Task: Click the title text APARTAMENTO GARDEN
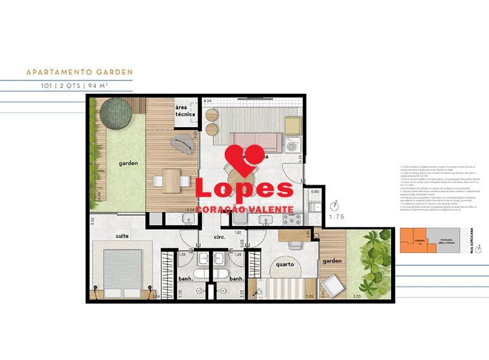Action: coord(79,72)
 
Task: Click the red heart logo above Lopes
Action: coord(245,156)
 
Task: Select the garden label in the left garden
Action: coord(128,163)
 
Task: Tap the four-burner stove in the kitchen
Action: coord(292,219)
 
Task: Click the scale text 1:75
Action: coord(337,216)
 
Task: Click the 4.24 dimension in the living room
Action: coord(208,101)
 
